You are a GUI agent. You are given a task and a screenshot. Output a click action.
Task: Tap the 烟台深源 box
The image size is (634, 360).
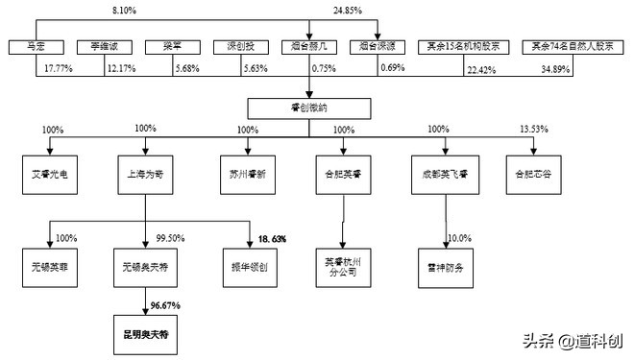(378, 45)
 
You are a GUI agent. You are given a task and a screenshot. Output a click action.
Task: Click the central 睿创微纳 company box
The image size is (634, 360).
(309, 107)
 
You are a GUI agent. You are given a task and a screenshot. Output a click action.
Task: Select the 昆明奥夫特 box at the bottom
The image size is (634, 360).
(144, 335)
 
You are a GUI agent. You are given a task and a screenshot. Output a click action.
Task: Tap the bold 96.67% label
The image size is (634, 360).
(166, 304)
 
